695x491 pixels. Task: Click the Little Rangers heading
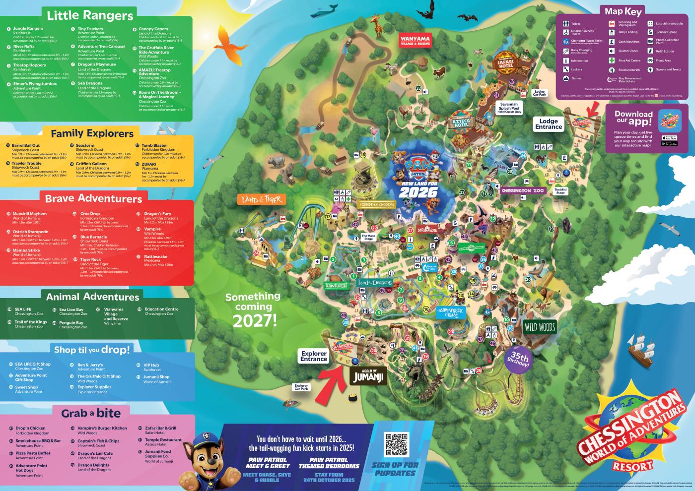(x=90, y=15)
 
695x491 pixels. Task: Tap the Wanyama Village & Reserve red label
(x=416, y=41)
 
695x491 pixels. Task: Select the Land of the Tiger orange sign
(x=261, y=199)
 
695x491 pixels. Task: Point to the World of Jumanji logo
(x=368, y=376)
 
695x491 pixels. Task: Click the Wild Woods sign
(x=540, y=327)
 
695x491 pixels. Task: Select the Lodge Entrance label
(x=549, y=124)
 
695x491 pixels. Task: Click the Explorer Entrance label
(x=314, y=356)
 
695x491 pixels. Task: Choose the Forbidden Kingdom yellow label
(x=377, y=204)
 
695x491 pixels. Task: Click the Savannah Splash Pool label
(x=509, y=108)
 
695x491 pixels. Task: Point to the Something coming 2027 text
(x=253, y=309)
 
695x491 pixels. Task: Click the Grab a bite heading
(x=91, y=413)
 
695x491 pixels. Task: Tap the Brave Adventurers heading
(x=93, y=198)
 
